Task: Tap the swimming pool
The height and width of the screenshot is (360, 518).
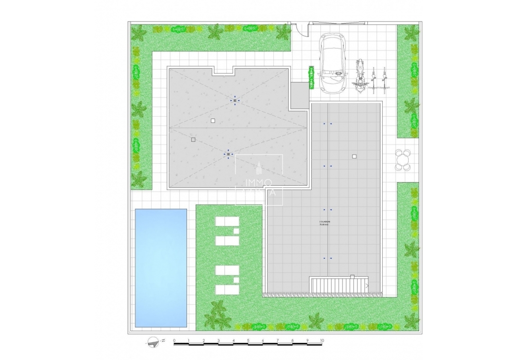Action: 161,267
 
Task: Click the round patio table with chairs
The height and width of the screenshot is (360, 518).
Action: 403,160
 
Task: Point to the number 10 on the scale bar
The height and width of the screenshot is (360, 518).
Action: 322,340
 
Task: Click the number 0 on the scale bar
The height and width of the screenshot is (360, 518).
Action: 174,340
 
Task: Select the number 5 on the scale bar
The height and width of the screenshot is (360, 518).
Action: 248,340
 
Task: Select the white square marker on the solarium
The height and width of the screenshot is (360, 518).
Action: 354,156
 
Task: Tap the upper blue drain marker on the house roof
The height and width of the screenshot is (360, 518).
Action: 235,100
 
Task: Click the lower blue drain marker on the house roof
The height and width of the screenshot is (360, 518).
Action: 228,154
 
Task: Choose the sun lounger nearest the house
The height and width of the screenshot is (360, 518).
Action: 227,221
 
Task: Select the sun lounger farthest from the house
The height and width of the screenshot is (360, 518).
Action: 227,289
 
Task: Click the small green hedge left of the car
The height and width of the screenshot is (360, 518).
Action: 311,77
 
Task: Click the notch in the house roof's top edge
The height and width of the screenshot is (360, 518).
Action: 224,70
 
